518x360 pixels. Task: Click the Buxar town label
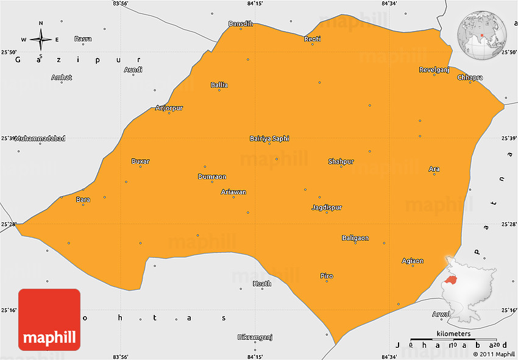[140, 161]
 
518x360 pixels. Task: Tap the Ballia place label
[219, 85]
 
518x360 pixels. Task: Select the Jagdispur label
[327, 207]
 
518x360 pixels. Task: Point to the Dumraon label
[212, 177]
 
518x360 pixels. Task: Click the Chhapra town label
[470, 77]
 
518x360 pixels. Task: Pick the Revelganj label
[434, 69]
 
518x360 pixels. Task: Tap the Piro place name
[327, 276]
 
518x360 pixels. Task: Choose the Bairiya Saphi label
[269, 138]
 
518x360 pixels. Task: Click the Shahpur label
[341, 161]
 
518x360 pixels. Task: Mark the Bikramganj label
[255, 337]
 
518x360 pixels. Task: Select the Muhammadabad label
[40, 138]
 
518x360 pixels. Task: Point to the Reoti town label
[312, 39]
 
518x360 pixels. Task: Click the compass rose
[40, 39]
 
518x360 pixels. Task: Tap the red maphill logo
[49, 319]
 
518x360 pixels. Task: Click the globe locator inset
[482, 35]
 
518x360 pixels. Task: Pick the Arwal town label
[441, 314]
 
